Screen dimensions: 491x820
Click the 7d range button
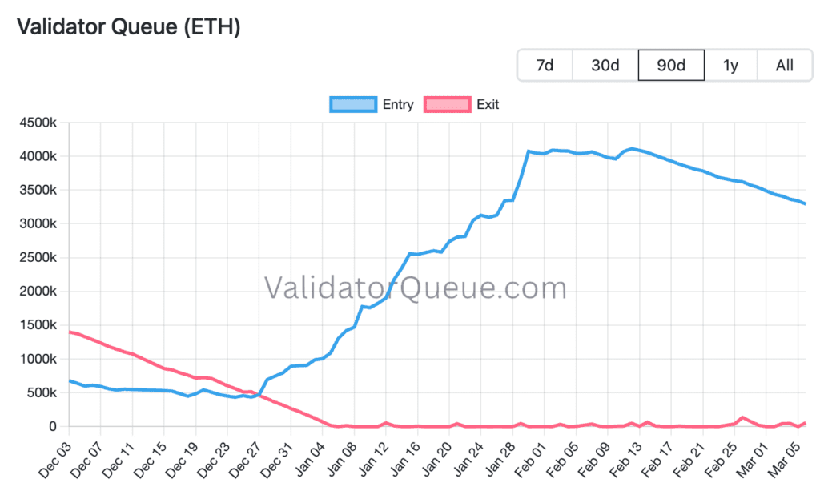(545, 65)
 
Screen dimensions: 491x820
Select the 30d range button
(605, 65)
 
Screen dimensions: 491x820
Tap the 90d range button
(671, 65)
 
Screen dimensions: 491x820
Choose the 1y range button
(730, 65)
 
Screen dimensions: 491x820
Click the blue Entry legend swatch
(352, 104)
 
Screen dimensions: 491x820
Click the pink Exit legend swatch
(447, 104)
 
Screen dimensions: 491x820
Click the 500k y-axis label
(42, 392)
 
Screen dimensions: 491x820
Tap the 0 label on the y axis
(54, 426)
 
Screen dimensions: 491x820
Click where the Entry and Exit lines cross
(259, 394)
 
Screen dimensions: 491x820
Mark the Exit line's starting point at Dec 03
(70, 332)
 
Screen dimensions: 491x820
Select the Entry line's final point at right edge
(805, 203)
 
